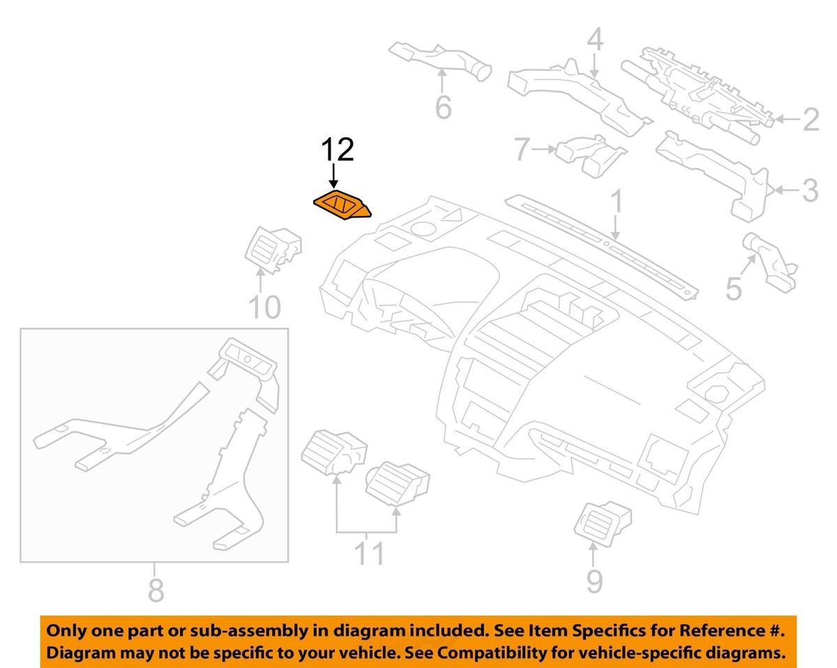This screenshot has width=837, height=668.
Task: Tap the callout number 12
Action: (337, 151)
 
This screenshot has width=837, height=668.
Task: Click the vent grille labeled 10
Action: (274, 249)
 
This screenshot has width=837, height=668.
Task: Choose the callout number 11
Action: (370, 554)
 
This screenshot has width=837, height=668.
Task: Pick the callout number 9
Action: (594, 580)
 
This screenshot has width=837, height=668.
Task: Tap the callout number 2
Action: (809, 121)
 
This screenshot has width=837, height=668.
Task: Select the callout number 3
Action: (809, 190)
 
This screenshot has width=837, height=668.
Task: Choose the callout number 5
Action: (733, 288)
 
